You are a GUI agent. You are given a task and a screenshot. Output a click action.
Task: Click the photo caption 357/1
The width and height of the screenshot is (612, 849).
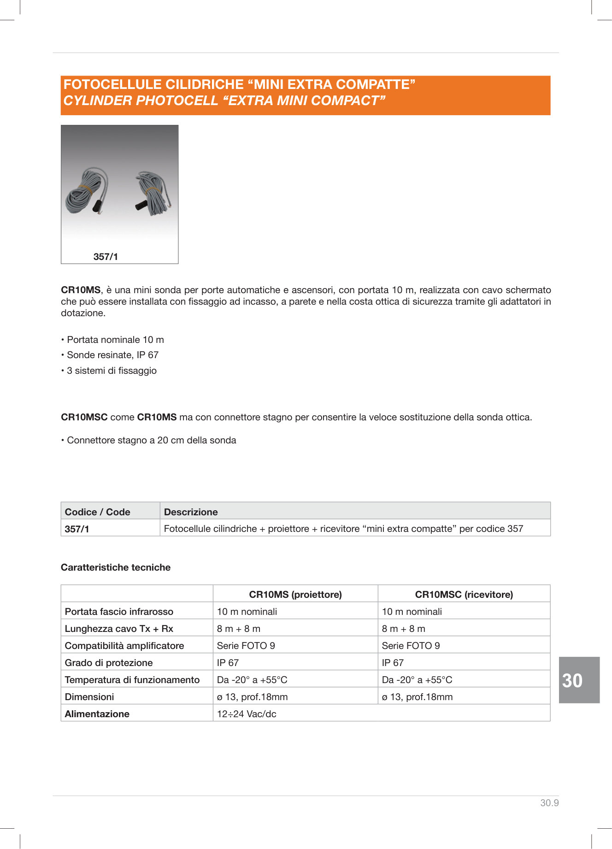[x=106, y=257]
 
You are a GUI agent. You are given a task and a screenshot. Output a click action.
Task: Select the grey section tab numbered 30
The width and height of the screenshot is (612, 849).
[x=579, y=680]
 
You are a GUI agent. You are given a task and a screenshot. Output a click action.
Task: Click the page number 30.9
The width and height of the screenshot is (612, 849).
[x=549, y=802]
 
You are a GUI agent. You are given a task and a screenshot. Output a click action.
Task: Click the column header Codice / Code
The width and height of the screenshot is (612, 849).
[x=98, y=512]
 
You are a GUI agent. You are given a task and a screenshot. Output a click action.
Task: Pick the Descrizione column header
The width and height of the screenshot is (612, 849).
[x=191, y=512]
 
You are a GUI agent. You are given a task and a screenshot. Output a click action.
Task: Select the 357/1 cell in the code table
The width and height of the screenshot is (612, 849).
[x=77, y=529]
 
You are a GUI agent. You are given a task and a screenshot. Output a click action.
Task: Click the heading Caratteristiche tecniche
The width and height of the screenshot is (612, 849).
[x=116, y=567]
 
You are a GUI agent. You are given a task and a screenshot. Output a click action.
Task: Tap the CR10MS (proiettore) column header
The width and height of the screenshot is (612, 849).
[x=295, y=594]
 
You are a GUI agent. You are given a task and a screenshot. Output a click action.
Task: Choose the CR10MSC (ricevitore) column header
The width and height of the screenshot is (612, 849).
[x=464, y=594]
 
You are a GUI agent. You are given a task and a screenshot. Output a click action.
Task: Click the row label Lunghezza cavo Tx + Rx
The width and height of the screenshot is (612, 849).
[x=119, y=628]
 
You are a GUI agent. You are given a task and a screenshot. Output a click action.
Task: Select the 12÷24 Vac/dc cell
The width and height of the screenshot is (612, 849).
[x=247, y=713]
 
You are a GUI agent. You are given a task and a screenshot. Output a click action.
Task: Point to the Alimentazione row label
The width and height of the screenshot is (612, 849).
[x=97, y=713]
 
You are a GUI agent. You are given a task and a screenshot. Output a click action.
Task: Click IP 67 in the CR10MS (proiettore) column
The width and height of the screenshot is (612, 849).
[x=228, y=662]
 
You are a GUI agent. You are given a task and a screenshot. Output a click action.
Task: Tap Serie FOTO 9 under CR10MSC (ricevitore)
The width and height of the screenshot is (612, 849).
[x=411, y=645]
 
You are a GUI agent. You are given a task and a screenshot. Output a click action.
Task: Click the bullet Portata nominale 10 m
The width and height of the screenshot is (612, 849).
[x=115, y=340]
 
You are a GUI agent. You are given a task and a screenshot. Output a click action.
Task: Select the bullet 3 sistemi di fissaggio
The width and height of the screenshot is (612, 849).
[x=112, y=371]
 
